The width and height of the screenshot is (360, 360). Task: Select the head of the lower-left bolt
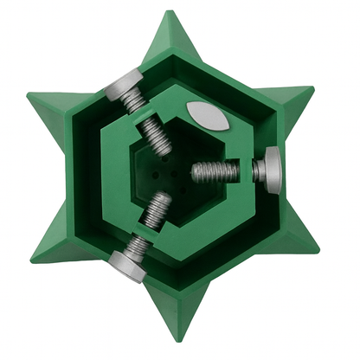[127, 263]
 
